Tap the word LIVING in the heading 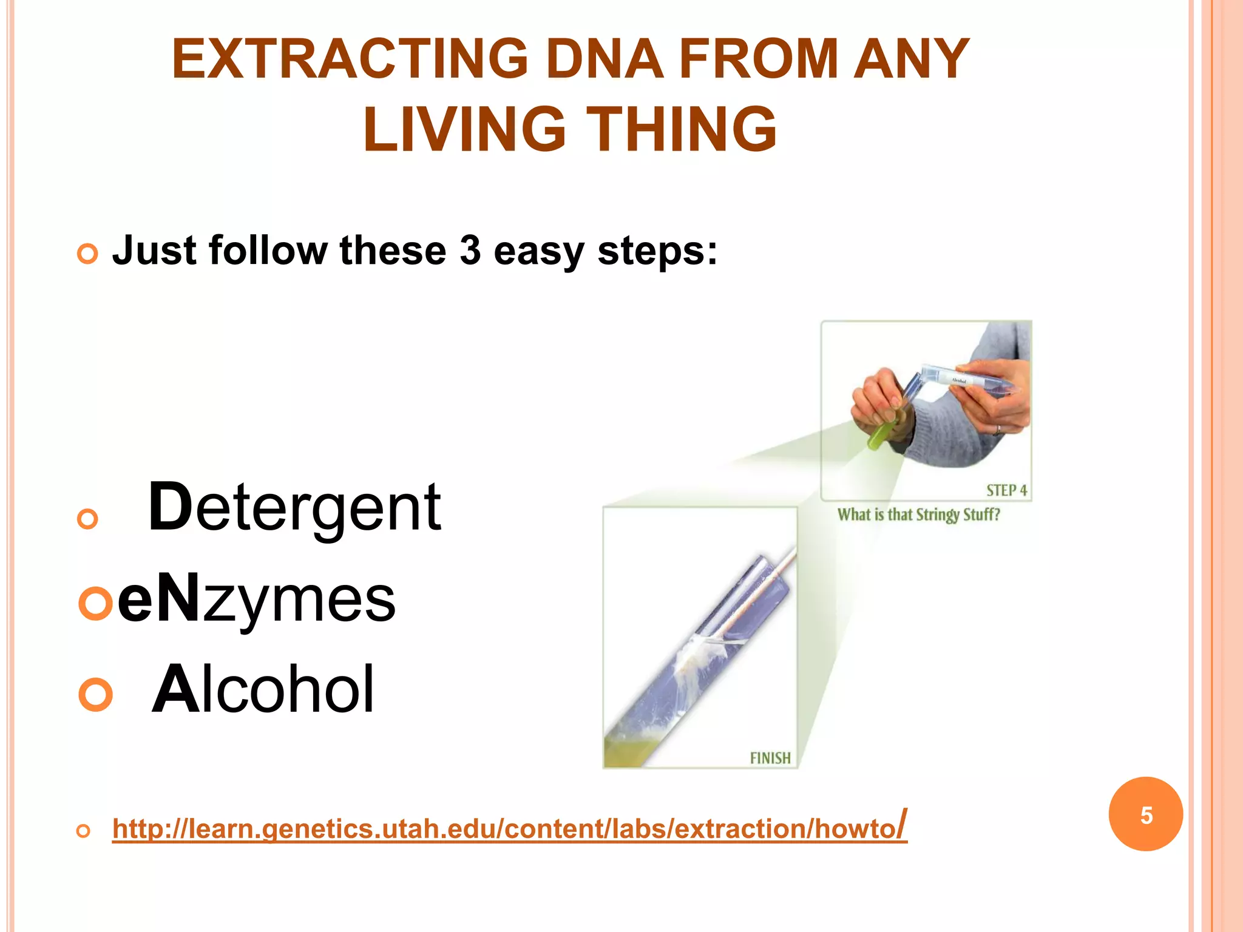(x=464, y=129)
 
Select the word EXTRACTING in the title (x=350, y=59)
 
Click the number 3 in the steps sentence (x=470, y=251)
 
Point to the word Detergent (x=295, y=507)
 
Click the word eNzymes (x=256, y=599)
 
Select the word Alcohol (x=263, y=689)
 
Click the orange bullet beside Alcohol (x=96, y=694)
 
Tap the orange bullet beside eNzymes (x=96, y=603)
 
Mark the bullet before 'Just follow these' (x=87, y=254)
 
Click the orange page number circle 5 (x=1145, y=814)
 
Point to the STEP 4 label (x=1006, y=490)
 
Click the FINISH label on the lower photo (x=770, y=758)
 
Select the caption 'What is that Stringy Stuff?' (x=918, y=515)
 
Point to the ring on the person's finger (x=998, y=430)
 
